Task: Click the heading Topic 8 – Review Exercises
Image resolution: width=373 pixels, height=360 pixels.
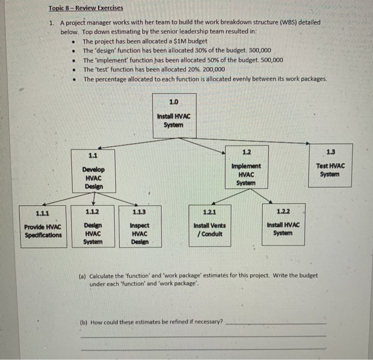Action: click(x=85, y=8)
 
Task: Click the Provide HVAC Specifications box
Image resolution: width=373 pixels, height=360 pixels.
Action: click(x=44, y=226)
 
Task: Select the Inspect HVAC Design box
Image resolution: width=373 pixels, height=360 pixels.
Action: click(x=140, y=226)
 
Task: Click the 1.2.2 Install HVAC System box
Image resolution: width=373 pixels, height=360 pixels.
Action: click(x=282, y=223)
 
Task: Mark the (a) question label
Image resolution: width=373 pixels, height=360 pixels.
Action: click(x=84, y=276)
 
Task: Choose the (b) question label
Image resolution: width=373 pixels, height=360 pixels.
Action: click(x=84, y=322)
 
